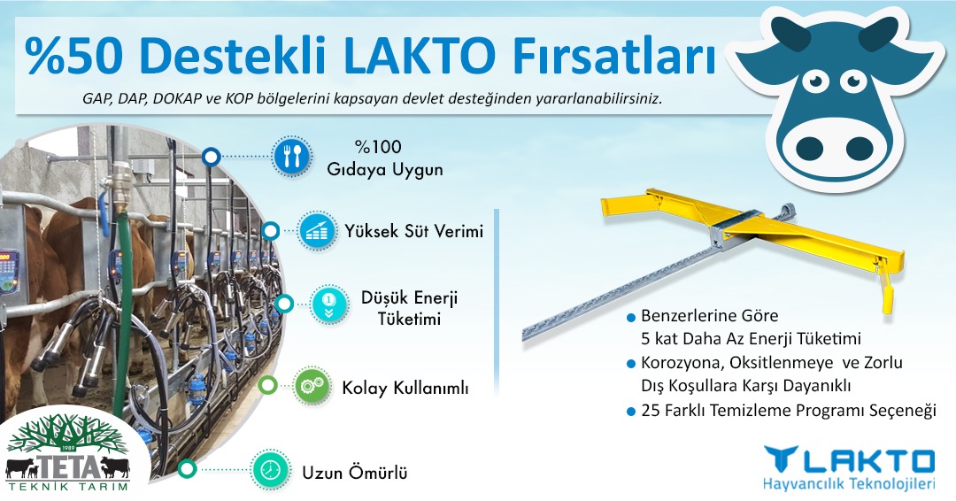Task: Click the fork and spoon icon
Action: [291, 157]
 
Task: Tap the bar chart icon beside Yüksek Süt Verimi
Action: [316, 231]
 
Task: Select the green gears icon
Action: [312, 385]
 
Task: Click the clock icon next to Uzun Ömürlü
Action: [270, 469]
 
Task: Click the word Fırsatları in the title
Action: [613, 55]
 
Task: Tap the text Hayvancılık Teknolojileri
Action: [849, 484]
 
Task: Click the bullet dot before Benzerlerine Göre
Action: [631, 318]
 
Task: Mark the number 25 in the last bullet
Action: [650, 410]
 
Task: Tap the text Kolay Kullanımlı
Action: [405, 389]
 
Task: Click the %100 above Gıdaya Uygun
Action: [378, 147]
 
